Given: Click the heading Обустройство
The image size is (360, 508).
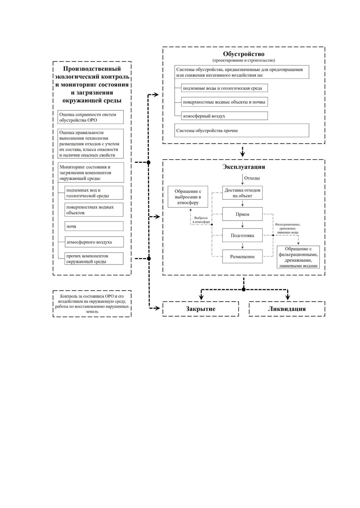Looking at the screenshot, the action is [244, 54].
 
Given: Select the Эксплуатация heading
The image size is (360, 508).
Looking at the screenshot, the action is [244, 167].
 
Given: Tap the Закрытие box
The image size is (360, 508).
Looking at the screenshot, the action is [200, 309].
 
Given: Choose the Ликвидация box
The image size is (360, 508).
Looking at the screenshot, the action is [287, 309].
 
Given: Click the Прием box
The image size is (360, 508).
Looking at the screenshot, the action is [243, 214].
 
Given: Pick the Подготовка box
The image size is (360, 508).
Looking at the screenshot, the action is [243, 235].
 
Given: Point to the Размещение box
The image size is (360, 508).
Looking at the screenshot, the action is [243, 257].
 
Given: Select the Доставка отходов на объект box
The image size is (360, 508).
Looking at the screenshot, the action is [243, 193].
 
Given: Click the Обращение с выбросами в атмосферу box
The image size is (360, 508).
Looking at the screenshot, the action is [188, 197].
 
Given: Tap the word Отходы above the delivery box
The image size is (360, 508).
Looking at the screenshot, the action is [252, 178].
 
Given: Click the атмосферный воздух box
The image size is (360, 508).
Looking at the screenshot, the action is [225, 116].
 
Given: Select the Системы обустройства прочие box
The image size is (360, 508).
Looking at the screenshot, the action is [242, 131].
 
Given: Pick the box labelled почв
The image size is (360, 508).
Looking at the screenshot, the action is [94, 226].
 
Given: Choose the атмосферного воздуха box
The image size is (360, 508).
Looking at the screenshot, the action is [94, 242].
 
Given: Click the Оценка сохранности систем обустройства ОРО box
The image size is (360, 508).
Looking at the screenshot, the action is [91, 117].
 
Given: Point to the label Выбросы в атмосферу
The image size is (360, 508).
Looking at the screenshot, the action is [201, 220].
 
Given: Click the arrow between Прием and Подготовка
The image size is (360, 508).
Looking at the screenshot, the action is [243, 225].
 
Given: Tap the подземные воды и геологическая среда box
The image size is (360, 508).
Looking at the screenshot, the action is [225, 88].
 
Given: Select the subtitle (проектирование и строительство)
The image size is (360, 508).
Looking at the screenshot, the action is [244, 60].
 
